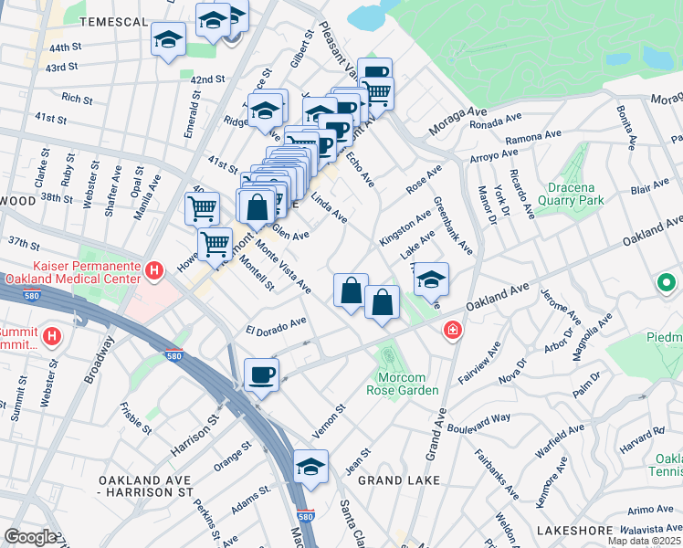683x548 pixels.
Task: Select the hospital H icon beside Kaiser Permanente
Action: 154,270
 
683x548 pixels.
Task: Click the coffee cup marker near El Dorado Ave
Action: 262,374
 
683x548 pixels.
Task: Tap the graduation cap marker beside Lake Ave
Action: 431,279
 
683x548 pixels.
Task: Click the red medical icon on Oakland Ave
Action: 450,331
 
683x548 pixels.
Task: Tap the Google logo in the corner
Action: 30,537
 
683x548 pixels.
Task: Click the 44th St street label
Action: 66,47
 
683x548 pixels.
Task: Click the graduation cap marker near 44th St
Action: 168,39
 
